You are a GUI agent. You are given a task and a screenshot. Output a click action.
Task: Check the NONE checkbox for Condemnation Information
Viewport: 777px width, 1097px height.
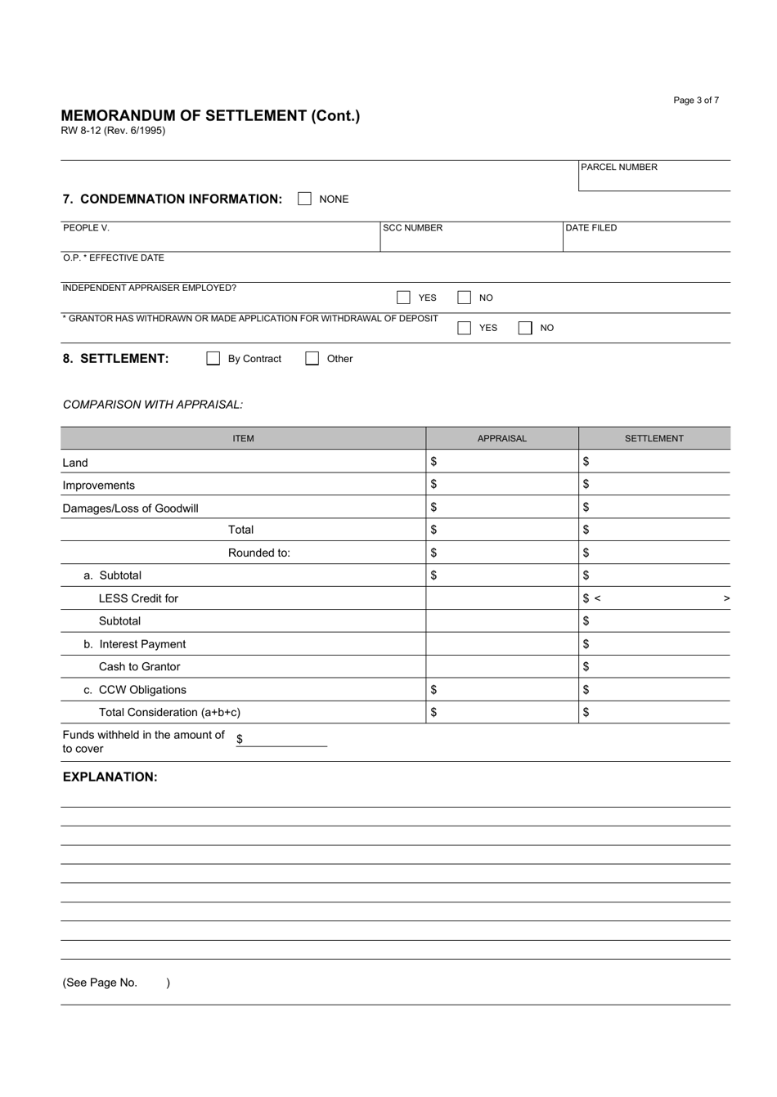click(x=304, y=199)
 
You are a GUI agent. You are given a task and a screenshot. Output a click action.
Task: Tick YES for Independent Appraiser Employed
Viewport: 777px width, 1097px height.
click(x=403, y=298)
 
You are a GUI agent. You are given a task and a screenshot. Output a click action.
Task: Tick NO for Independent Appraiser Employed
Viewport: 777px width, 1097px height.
click(x=464, y=298)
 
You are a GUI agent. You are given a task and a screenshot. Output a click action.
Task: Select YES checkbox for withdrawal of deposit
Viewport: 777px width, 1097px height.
click(x=464, y=328)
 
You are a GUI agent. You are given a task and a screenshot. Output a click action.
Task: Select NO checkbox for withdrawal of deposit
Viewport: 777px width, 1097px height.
click(x=524, y=328)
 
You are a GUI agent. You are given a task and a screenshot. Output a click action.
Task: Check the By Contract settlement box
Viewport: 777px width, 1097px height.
click(x=213, y=359)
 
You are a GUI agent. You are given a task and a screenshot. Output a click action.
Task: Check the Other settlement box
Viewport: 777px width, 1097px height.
click(x=312, y=359)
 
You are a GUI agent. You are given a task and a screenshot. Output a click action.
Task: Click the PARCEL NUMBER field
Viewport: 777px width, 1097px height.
click(x=654, y=181)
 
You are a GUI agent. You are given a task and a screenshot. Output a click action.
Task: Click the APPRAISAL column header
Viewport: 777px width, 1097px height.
click(x=502, y=438)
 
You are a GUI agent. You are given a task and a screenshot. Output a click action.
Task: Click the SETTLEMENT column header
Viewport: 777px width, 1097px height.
click(x=654, y=438)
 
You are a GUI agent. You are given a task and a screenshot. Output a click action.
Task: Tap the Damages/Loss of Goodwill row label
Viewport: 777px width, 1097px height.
click(x=131, y=508)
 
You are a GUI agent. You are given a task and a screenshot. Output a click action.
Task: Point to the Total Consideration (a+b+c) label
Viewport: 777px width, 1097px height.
click(x=169, y=712)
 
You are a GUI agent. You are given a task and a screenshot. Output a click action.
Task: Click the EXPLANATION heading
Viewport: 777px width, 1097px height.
click(x=110, y=777)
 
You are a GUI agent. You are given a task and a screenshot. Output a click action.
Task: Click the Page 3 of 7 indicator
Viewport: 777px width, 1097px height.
click(x=696, y=101)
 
